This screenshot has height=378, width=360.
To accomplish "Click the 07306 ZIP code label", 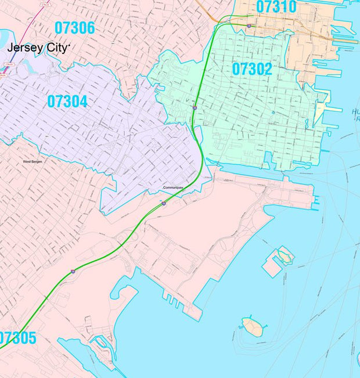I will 74,27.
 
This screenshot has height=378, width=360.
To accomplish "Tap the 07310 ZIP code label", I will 276,8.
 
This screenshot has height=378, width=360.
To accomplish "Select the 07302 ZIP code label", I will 252,69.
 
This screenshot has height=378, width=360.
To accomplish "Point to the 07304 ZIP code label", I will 67,102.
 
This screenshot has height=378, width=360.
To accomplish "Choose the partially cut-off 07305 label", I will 17,338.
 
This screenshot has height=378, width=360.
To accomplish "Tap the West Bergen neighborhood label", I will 34,161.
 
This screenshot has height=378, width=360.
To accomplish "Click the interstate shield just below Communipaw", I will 164,203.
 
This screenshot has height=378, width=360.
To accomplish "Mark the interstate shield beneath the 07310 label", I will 249,26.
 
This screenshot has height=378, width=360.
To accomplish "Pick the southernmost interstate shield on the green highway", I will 73,271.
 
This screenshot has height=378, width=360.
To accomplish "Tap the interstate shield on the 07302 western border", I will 195,107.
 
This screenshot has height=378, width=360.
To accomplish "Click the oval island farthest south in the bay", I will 252,326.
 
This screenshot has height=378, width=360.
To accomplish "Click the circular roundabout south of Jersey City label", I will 54,71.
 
